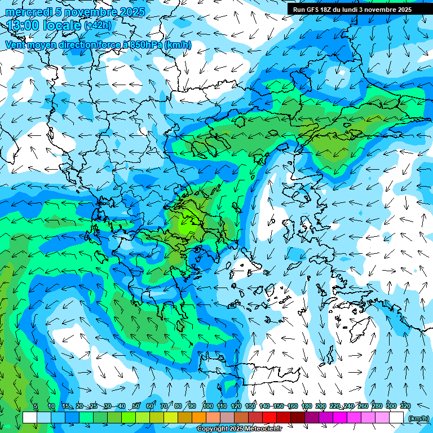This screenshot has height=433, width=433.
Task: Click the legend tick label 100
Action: (207, 406)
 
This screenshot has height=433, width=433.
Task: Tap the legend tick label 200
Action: (321, 406)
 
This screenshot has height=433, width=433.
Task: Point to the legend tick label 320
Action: (405, 406)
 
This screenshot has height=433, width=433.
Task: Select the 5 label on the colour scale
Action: (36, 406)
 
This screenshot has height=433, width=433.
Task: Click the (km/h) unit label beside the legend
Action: (418, 418)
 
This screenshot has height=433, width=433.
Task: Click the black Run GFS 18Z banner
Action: (352, 10)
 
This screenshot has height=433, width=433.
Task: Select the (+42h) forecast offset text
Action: (98, 25)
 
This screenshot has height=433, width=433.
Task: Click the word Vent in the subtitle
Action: (15, 45)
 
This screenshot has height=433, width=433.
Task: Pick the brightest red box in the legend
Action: (269, 417)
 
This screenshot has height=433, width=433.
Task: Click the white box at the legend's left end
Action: (30, 417)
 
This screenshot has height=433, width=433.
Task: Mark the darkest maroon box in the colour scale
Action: (298, 417)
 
